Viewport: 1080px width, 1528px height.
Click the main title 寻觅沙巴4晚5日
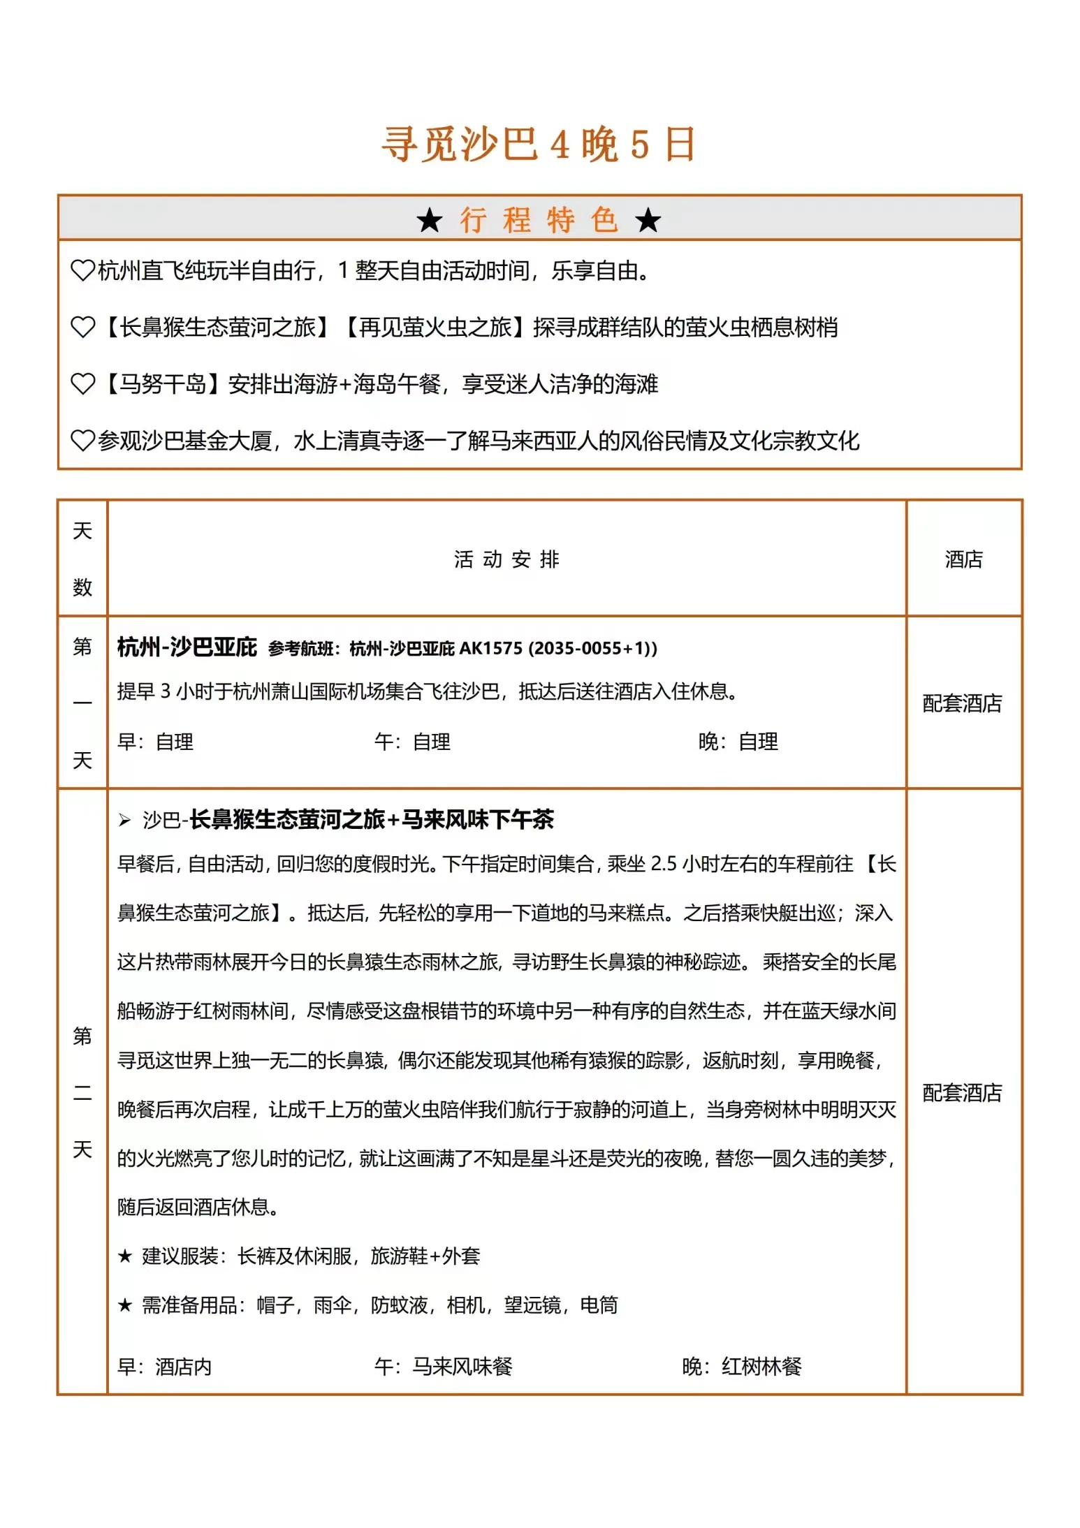pyautogui.click(x=538, y=145)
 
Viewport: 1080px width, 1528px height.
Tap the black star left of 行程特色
pyautogui.click(x=429, y=221)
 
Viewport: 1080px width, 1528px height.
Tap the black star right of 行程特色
pyautogui.click(x=648, y=221)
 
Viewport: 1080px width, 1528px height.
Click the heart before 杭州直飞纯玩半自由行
pyautogui.click(x=82, y=270)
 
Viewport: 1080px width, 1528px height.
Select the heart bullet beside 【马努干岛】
pyautogui.click(x=82, y=383)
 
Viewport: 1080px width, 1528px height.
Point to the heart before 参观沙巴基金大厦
pyautogui.click(x=82, y=440)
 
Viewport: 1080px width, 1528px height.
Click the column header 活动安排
pyautogui.click(x=506, y=559)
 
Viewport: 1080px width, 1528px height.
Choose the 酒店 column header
pyautogui.click(x=963, y=559)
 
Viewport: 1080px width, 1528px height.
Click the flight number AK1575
pyautogui.click(x=490, y=649)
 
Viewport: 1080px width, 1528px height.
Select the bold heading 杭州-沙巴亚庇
pyautogui.click(x=187, y=647)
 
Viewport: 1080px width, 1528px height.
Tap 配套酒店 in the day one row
pyautogui.click(x=962, y=703)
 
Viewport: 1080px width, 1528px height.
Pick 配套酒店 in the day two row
pyautogui.click(x=962, y=1093)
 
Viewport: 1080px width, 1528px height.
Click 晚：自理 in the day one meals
pyautogui.click(x=738, y=742)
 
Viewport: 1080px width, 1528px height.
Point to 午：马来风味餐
pyautogui.click(x=444, y=1367)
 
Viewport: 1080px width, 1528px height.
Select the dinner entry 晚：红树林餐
pyautogui.click(x=742, y=1367)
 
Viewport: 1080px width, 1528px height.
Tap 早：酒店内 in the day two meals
pyautogui.click(x=165, y=1367)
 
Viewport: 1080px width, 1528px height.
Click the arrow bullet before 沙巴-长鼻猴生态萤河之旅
pyautogui.click(x=125, y=820)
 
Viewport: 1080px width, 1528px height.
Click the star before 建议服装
pyautogui.click(x=125, y=1256)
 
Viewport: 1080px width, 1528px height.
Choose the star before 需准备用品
pyautogui.click(x=125, y=1305)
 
